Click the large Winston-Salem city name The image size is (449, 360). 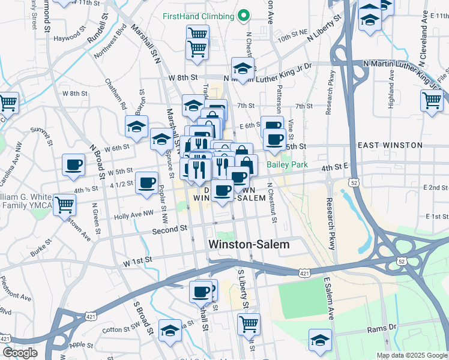(x=249, y=245)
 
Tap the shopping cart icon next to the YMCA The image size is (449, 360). (x=65, y=205)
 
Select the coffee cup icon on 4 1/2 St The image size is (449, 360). (x=146, y=182)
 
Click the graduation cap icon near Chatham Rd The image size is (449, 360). (x=137, y=127)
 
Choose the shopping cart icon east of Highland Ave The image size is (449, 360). (x=432, y=100)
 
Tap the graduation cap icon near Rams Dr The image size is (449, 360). (x=321, y=339)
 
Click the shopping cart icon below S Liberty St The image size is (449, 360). (x=249, y=324)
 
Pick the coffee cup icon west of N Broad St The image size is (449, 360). (x=74, y=165)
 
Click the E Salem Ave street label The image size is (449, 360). (x=329, y=298)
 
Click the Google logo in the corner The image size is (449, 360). (x=20, y=353)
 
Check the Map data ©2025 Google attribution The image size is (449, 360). (x=411, y=355)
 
